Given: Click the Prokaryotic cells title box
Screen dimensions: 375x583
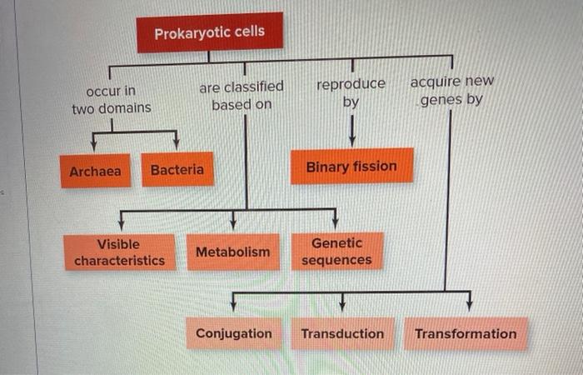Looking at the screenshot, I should pyautogui.click(x=210, y=32).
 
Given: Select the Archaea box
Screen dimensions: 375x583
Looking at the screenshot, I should pyautogui.click(x=95, y=171).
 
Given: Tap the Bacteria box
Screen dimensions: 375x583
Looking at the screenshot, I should pyautogui.click(x=177, y=169).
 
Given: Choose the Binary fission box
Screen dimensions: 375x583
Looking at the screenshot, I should pyautogui.click(x=351, y=166).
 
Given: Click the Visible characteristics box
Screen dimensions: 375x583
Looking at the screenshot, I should pyautogui.click(x=119, y=252).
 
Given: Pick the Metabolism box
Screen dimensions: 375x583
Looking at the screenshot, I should pyautogui.click(x=233, y=252).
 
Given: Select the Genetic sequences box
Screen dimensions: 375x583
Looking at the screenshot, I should pyautogui.click(x=337, y=252).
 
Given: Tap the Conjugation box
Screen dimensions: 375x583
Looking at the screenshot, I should pyautogui.click(x=234, y=333).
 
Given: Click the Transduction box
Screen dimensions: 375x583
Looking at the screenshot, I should pyautogui.click(x=342, y=333).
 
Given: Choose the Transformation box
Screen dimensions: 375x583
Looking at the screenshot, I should pyautogui.click(x=466, y=333).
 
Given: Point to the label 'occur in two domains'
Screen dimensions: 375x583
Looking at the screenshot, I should pyautogui.click(x=112, y=99).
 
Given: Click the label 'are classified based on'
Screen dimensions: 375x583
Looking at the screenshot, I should pyautogui.click(x=242, y=95).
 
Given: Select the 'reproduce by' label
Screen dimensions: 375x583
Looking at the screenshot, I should pyautogui.click(x=351, y=92).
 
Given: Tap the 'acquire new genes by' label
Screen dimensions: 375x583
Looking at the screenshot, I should pyautogui.click(x=451, y=91).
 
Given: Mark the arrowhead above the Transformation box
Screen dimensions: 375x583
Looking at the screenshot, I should pyautogui.click(x=469, y=302).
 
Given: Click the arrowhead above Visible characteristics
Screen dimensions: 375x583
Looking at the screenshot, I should pyautogui.click(x=122, y=222).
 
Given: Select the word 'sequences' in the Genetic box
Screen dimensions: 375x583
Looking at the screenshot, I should pyautogui.click(x=337, y=261).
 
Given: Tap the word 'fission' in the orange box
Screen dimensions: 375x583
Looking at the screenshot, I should pyautogui.click(x=373, y=166).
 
